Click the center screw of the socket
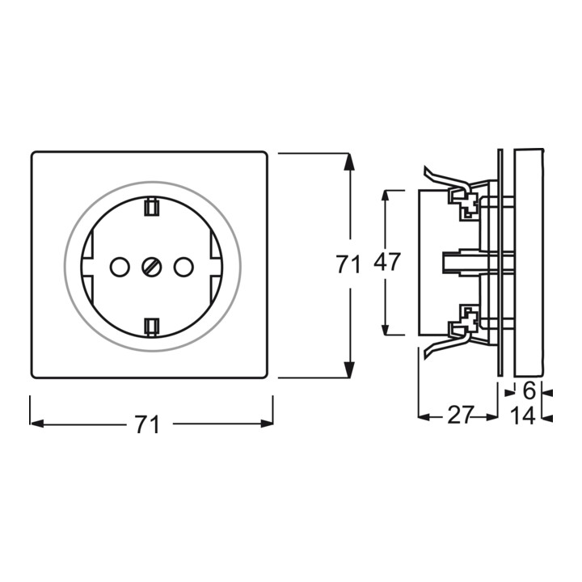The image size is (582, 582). (152, 267)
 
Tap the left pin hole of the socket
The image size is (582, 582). (120, 267)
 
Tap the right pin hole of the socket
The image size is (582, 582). (183, 267)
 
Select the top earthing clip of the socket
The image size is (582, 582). (151, 207)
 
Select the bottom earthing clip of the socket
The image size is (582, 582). (151, 327)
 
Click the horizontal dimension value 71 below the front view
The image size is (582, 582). (147, 424)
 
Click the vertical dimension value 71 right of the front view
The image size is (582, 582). (348, 264)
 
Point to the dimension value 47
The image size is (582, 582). (386, 262)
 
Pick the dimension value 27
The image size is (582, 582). (461, 415)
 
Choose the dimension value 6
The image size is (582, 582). (529, 391)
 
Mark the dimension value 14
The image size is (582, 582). (523, 415)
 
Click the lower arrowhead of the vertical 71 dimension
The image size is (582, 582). (348, 369)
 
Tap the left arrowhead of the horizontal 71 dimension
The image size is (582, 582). (37, 424)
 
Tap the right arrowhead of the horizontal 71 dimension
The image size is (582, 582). (267, 424)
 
